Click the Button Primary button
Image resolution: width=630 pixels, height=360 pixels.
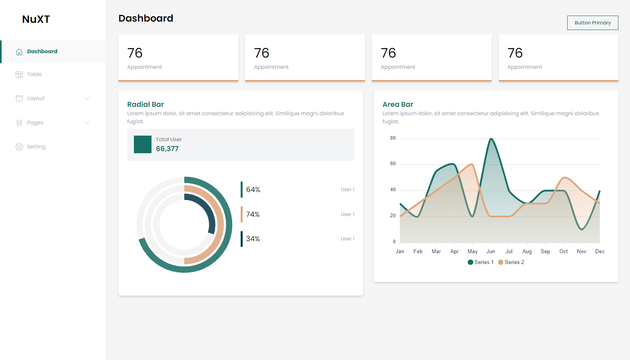[x=592, y=23]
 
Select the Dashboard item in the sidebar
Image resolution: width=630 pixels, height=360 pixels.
[x=42, y=52]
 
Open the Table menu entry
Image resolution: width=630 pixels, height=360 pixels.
[x=34, y=74]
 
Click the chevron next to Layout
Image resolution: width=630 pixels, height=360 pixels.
[x=87, y=98]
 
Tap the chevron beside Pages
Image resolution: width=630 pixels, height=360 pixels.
[x=87, y=123]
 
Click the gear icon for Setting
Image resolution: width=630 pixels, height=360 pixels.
[x=19, y=147]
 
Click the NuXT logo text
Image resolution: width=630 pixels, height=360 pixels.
[x=36, y=19]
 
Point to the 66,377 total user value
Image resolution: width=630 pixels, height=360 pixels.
[x=167, y=149]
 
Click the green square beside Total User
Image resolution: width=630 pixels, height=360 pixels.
[x=143, y=144]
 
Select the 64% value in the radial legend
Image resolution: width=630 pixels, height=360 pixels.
[x=253, y=190]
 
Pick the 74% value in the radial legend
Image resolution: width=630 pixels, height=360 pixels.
[x=253, y=214]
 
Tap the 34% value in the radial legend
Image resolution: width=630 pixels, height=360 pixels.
[x=253, y=239]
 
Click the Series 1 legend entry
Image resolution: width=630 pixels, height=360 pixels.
[x=481, y=262]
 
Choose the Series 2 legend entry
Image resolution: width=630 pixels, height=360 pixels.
[x=511, y=262]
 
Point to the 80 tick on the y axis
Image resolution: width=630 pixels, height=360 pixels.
[x=393, y=138]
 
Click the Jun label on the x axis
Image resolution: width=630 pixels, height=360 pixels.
[x=490, y=252]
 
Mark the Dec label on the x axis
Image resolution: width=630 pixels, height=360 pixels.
[x=600, y=252]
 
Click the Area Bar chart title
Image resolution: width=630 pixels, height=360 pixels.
[x=398, y=104]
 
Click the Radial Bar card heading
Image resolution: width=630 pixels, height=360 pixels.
[x=146, y=104]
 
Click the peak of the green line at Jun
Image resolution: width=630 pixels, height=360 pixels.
[x=491, y=139]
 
